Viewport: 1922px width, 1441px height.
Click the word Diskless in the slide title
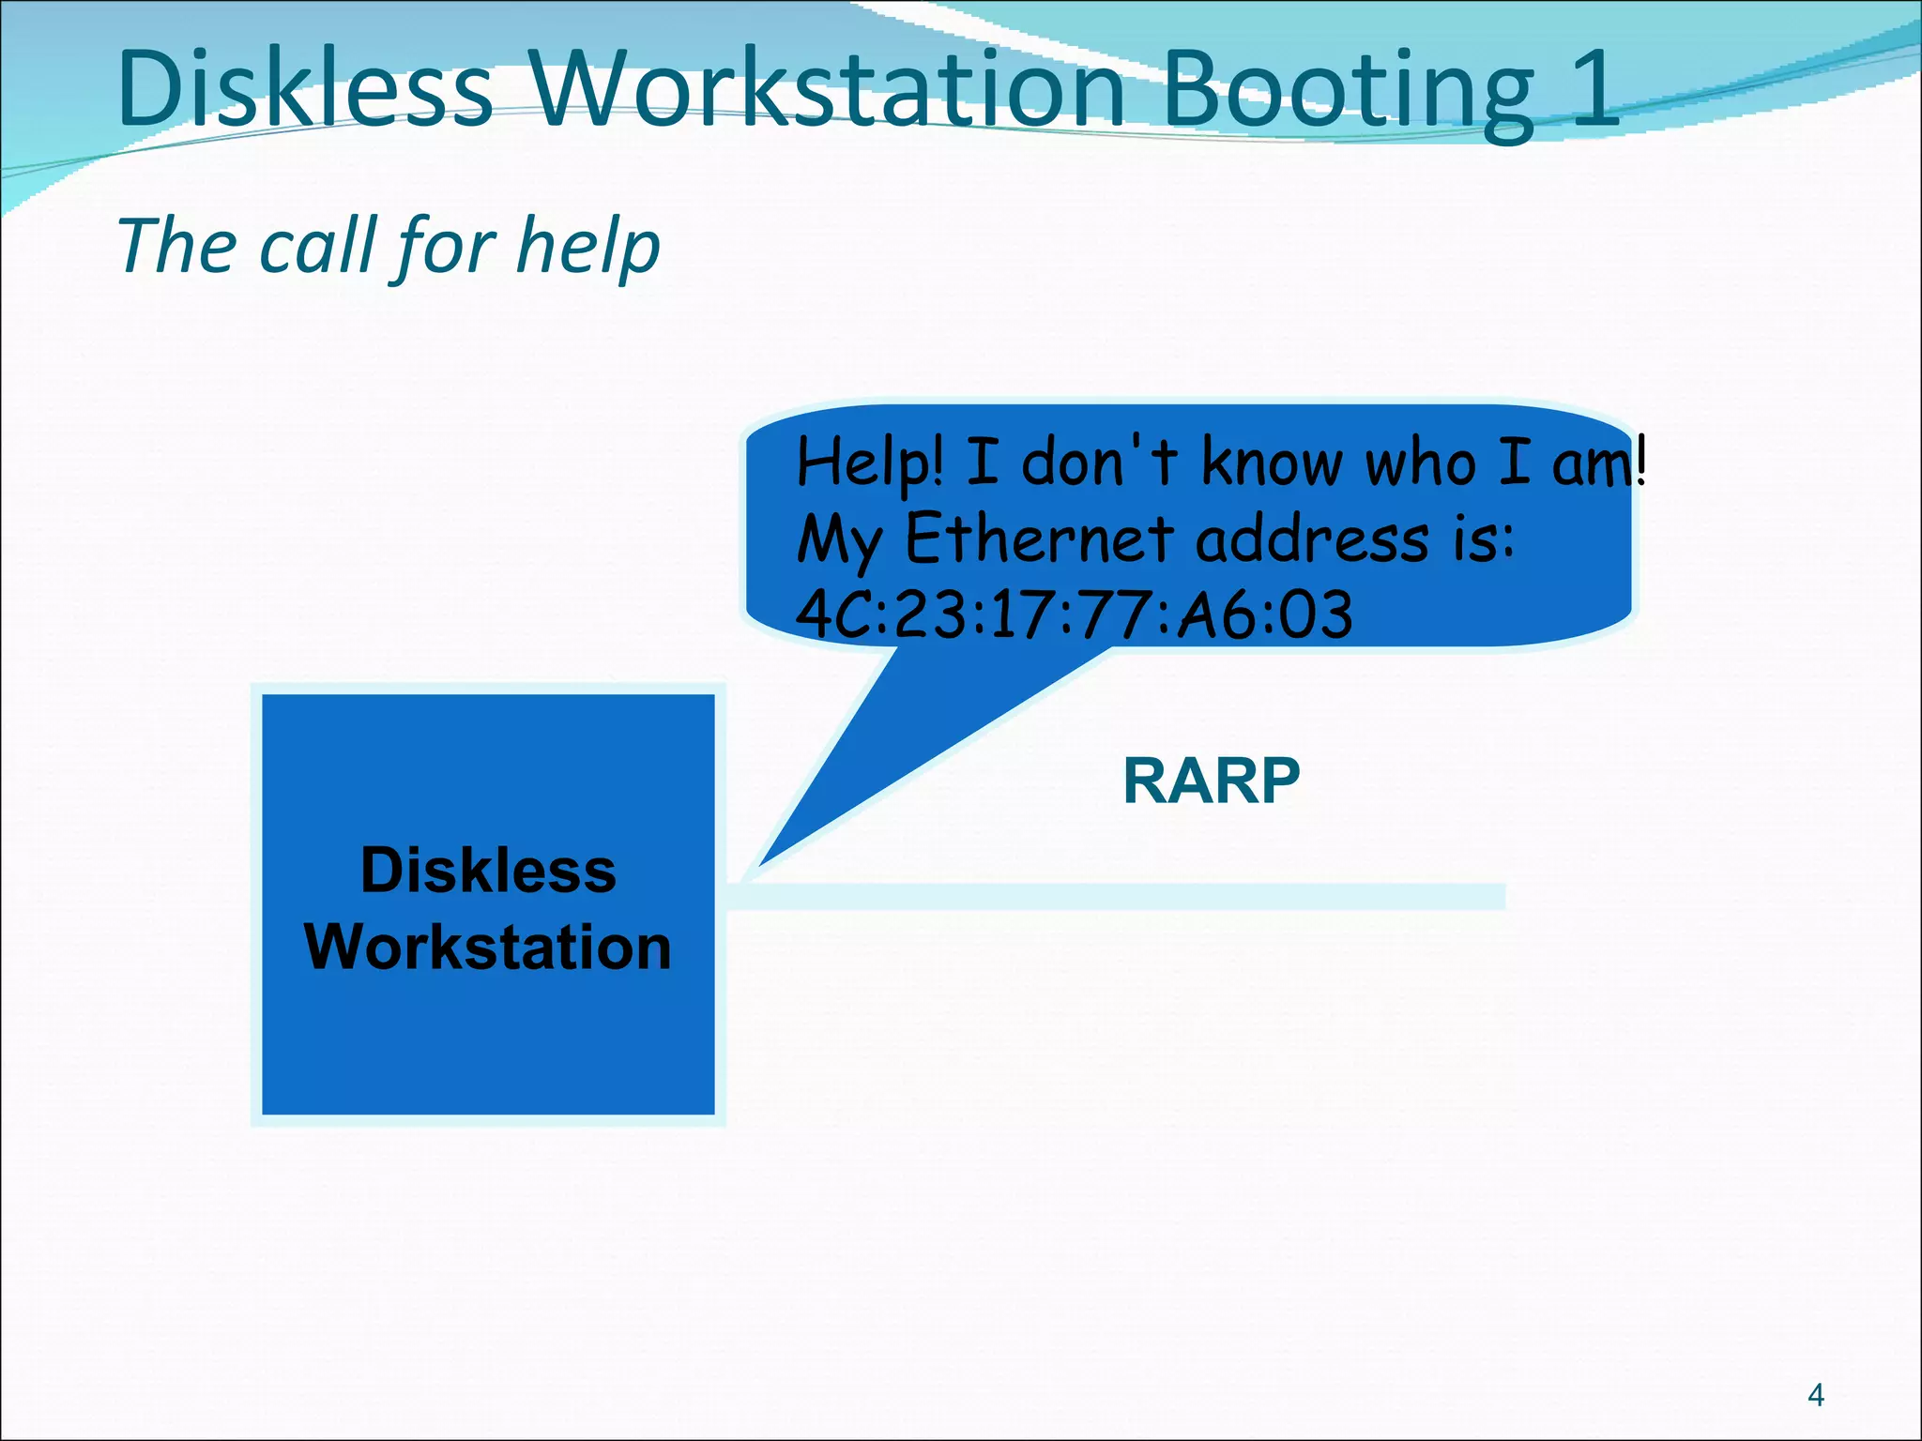305,89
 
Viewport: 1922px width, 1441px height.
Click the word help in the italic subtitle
588,247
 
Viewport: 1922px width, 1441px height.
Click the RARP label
1211,781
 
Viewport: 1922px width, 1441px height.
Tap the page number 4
1815,1395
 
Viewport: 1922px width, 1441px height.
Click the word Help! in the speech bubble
869,463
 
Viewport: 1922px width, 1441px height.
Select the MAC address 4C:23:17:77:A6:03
1074,614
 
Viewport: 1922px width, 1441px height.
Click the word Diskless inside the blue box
488,870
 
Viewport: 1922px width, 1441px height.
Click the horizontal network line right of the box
1117,896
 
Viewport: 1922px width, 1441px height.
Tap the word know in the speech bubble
1272,463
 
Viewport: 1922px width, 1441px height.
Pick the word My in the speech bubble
839,542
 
